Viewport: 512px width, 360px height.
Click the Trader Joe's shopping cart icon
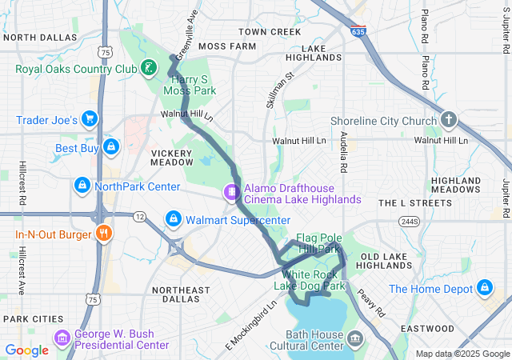[x=90, y=120]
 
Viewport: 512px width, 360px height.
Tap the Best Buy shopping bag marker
[x=111, y=147]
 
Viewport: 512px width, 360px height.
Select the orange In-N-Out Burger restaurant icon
[x=103, y=234]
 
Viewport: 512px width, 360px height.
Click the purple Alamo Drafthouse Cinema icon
[x=231, y=192]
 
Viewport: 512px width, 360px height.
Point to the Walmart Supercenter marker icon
[x=173, y=218]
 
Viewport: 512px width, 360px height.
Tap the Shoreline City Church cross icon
[x=449, y=121]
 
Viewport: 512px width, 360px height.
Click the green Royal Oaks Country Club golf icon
[x=148, y=68]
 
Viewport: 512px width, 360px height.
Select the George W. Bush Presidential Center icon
[x=62, y=338]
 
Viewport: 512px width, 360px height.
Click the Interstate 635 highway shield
[x=357, y=32]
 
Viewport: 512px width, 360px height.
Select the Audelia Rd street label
[x=344, y=152]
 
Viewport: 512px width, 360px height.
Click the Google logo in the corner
[x=27, y=350]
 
